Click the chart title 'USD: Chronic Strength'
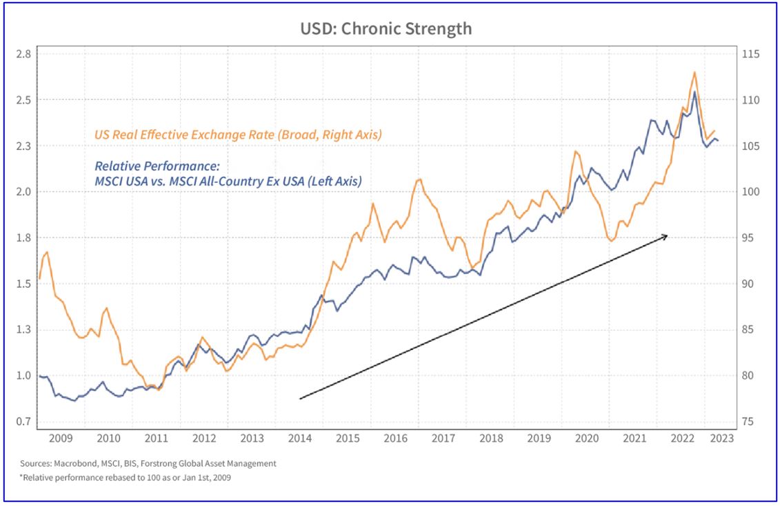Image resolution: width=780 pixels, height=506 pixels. point(386,28)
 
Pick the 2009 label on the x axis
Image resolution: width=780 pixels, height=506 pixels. point(61,438)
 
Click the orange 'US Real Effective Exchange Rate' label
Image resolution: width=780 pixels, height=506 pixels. point(237,135)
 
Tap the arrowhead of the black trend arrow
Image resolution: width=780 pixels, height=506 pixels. point(666,236)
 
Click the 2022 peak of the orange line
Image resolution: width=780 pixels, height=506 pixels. point(694,72)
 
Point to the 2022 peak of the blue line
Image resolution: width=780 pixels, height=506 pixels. point(694,92)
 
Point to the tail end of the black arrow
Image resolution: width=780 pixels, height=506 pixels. point(300,398)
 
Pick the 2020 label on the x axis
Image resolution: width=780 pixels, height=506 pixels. point(586,438)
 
